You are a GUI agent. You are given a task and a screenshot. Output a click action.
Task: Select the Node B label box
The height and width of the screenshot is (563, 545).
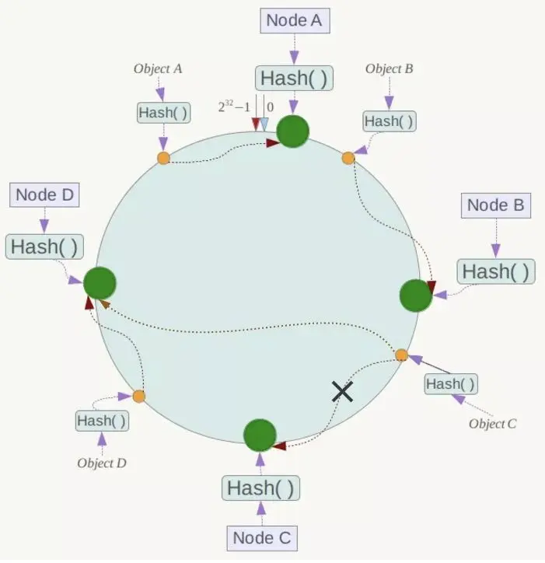[496, 206]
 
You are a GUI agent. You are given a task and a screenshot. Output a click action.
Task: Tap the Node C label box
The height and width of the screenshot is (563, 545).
[264, 537]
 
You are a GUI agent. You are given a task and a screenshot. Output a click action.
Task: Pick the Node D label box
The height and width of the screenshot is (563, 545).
[45, 195]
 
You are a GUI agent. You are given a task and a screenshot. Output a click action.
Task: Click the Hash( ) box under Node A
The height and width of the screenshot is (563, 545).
[293, 79]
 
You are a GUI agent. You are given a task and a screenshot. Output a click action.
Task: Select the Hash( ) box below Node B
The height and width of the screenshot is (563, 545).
[496, 271]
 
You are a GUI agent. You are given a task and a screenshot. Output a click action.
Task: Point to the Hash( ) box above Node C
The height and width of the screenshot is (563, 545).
[260, 488]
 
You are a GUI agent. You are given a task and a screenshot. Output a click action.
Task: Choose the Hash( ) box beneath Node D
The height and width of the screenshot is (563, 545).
[45, 247]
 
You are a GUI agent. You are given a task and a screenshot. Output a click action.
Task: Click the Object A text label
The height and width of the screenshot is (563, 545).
[158, 68]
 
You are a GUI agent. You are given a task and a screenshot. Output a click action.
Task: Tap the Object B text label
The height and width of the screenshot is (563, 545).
[389, 68]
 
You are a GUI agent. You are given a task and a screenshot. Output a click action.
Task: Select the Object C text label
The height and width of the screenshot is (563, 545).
[492, 424]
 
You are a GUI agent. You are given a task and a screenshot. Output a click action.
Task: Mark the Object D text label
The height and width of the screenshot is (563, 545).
[102, 463]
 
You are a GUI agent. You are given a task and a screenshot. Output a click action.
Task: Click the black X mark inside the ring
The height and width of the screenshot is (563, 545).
[342, 391]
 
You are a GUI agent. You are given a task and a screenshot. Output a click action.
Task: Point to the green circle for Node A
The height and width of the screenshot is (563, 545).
[293, 132]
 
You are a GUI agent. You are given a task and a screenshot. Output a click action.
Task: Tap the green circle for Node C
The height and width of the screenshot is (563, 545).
[260, 435]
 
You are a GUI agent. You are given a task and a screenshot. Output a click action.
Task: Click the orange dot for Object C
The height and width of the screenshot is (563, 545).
[401, 355]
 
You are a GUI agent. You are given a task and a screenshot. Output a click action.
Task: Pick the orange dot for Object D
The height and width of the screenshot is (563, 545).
[139, 397]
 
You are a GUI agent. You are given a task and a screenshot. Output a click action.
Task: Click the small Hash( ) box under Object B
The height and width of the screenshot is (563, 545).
[389, 121]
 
